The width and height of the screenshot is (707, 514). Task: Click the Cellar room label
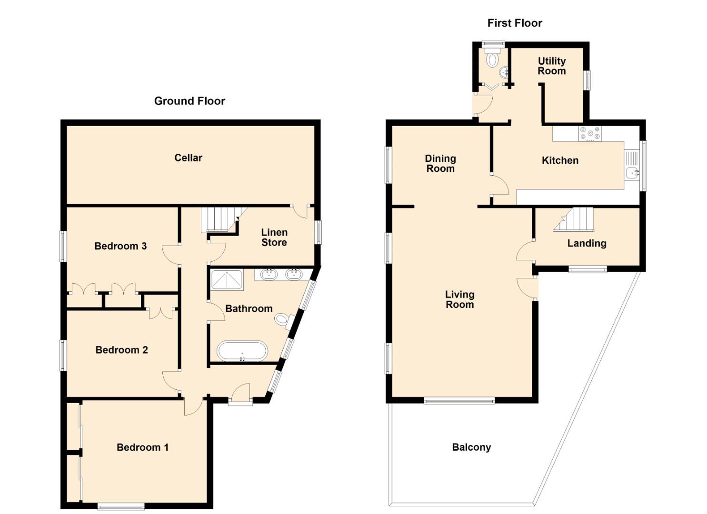[x=188, y=158]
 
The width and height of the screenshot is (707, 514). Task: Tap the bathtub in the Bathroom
[x=242, y=351]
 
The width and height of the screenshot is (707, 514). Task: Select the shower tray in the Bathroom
[x=227, y=279]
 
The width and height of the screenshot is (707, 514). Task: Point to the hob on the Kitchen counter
[x=589, y=133]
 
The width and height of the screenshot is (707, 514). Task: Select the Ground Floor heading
[x=189, y=101]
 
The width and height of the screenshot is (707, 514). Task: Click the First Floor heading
[x=515, y=23]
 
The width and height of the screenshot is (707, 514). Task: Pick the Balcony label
[x=471, y=447]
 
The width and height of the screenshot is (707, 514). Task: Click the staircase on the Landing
[x=573, y=219]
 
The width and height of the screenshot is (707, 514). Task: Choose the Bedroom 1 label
[x=142, y=447]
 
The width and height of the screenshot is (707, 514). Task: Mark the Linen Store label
[x=274, y=237]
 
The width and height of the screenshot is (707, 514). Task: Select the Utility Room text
[x=551, y=66]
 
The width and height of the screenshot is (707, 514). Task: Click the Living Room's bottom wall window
[x=459, y=401]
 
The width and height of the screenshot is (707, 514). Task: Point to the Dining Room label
[x=440, y=163]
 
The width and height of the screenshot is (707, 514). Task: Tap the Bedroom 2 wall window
[x=63, y=355]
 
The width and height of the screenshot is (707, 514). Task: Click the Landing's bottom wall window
[x=588, y=269]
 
